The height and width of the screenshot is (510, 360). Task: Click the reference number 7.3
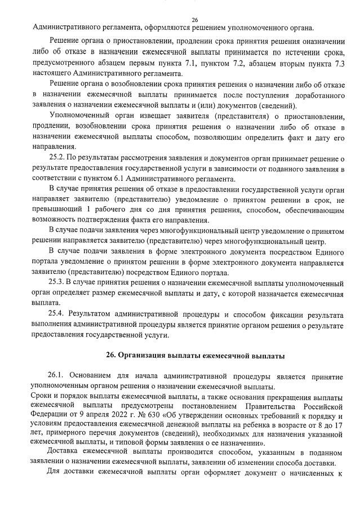pos(336,64)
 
